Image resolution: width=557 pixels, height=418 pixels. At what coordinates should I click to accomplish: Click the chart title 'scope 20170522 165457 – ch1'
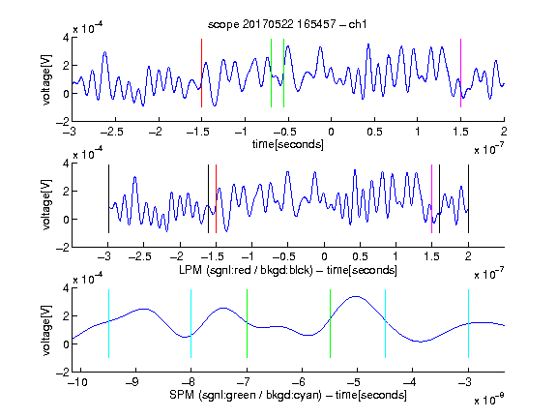coord(287,24)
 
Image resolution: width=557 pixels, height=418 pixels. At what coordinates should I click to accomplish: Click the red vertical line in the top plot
coord(201,73)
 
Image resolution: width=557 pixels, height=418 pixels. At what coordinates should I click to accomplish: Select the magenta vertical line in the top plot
coord(460,73)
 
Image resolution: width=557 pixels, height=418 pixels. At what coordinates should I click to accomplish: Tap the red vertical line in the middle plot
coord(216,198)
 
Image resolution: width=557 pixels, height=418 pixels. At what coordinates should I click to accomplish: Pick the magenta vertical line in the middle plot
coord(431,198)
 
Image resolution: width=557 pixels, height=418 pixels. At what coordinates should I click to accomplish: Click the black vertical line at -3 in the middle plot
coord(108,198)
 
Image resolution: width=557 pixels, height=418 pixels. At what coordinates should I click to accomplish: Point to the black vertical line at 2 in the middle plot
coord(468,198)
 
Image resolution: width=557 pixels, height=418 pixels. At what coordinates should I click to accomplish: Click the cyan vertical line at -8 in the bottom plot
coord(191,323)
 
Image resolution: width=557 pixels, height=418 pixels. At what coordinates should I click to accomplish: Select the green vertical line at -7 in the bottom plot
coord(247,323)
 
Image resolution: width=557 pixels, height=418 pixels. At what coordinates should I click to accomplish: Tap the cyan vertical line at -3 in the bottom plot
coord(468,323)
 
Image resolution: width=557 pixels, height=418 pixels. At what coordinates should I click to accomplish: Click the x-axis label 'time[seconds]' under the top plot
coord(288,144)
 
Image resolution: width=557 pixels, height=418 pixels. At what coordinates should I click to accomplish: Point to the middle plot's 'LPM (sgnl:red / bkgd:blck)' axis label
coord(246,270)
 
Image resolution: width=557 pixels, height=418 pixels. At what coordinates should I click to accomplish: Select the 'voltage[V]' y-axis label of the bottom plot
coord(46,330)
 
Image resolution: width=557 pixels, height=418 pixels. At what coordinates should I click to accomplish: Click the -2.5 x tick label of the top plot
coord(111,132)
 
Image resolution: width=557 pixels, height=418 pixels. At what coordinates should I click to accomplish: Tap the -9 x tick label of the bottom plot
coord(132,382)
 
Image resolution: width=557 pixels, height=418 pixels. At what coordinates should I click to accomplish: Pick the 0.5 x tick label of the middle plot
coord(360,256)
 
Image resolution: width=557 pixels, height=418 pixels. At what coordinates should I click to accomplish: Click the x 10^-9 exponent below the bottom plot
coord(489,400)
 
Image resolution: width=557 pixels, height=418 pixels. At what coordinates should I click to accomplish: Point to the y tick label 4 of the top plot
coord(66,38)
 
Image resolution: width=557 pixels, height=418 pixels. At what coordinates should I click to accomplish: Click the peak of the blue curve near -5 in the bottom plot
coord(356,296)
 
